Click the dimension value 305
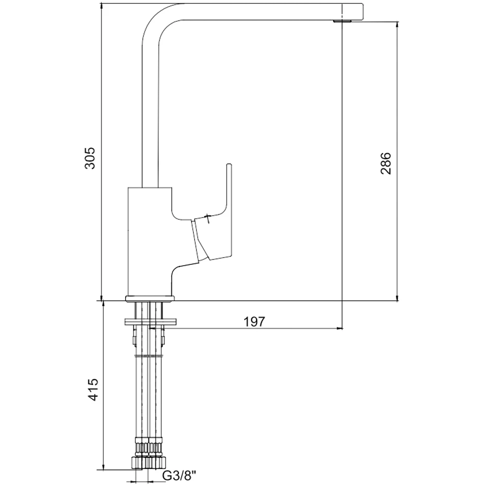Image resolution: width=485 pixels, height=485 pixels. pyautogui.click(x=90, y=158)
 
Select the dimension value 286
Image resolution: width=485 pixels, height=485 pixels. pyautogui.click(x=386, y=163)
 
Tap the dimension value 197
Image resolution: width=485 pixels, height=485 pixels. pyautogui.click(x=254, y=322)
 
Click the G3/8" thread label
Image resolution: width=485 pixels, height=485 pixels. pyautogui.click(x=180, y=475)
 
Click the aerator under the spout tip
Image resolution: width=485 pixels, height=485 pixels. pyautogui.click(x=342, y=21)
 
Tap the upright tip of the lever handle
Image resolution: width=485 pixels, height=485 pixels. pyautogui.click(x=229, y=165)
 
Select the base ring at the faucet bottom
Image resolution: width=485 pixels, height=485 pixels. pyautogui.click(x=150, y=298)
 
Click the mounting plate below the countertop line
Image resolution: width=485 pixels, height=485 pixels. pyautogui.click(x=150, y=322)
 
